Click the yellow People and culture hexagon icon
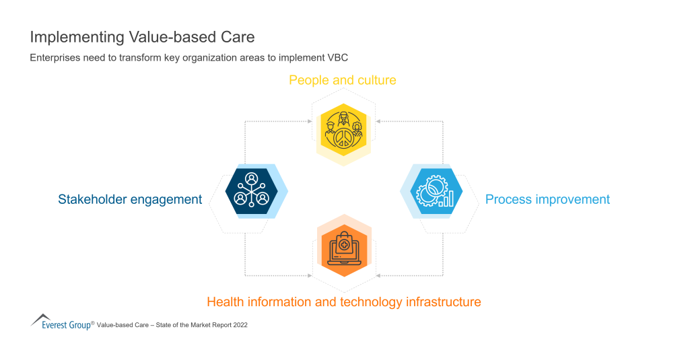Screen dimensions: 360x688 pos(343,130)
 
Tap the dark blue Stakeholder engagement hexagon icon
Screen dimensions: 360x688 pos(251,191)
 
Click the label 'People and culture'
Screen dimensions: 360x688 pos(343,80)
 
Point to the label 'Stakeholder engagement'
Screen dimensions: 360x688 pos(130,199)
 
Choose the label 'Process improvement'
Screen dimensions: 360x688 pos(547,199)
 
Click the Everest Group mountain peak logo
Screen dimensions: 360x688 pos(41,318)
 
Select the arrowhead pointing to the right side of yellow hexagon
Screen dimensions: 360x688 pos(378,121)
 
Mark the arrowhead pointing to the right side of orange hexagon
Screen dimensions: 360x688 pos(378,275)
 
